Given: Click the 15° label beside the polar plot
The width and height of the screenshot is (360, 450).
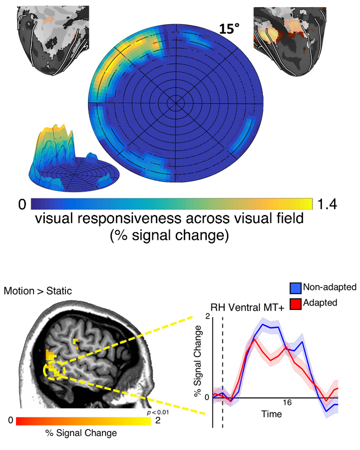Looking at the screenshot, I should (x=229, y=29).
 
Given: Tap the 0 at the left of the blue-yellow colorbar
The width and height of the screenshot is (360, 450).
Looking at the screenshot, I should (x=22, y=204).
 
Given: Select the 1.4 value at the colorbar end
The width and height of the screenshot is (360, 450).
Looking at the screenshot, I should (x=327, y=204).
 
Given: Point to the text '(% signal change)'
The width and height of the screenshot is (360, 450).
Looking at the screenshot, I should (x=169, y=235).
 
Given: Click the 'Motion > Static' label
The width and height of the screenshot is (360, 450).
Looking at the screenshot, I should (x=38, y=291).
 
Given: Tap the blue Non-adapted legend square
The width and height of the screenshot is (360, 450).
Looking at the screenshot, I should (x=295, y=288).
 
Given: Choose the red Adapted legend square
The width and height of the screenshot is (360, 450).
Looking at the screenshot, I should (x=295, y=304).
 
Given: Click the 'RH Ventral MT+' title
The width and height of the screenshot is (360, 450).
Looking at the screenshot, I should (x=247, y=308).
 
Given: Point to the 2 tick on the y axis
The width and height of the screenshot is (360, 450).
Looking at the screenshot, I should (x=207, y=317).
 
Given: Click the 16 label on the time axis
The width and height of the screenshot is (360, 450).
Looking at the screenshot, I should (x=287, y=403).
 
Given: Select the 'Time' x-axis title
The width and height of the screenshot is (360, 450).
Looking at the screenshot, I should (x=271, y=414).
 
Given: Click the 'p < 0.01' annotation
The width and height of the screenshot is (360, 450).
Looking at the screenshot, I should (x=158, y=412).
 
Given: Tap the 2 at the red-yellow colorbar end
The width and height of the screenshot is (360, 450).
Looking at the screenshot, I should (x=158, y=421).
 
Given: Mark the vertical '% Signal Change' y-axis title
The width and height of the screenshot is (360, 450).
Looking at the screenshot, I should (x=197, y=361).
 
